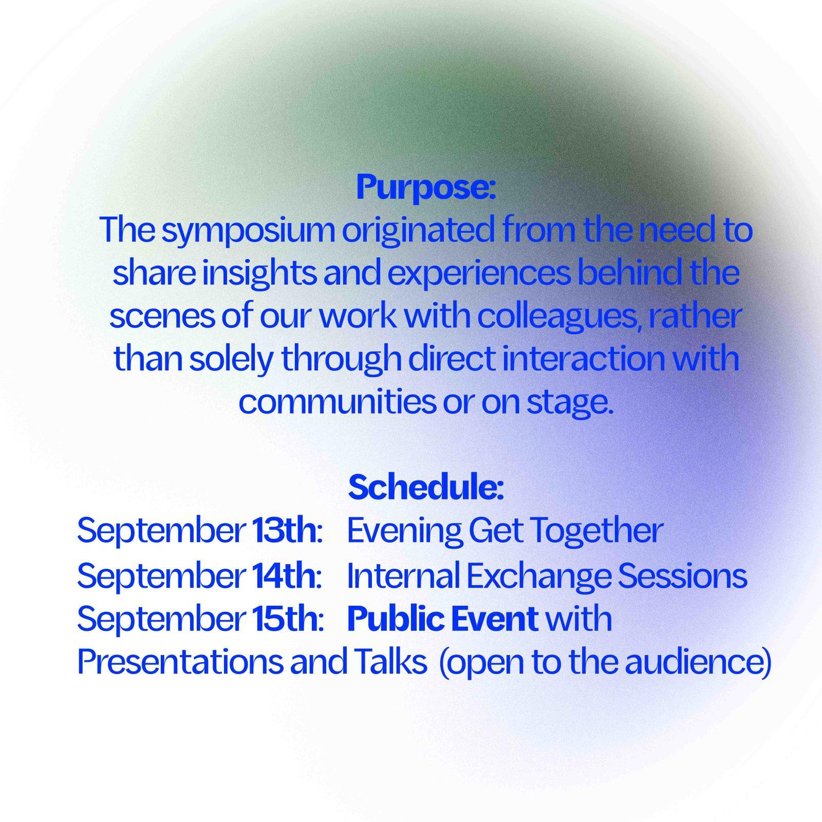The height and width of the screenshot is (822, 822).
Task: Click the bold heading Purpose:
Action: pyautogui.click(x=426, y=189)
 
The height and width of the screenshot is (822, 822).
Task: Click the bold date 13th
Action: pyautogui.click(x=284, y=531)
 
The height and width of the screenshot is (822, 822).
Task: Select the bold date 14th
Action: pyautogui.click(x=284, y=575)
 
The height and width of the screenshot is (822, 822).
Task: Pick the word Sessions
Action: pyautogui.click(x=682, y=576)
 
